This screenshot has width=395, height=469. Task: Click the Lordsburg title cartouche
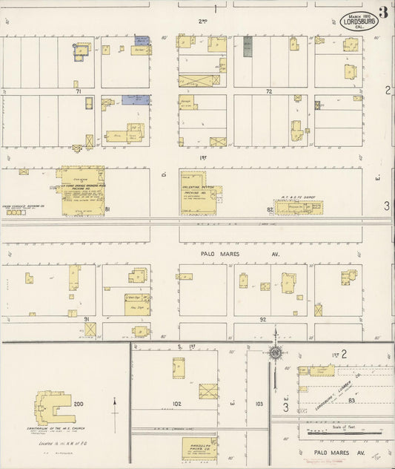click(360, 22)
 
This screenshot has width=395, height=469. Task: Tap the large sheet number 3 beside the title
click(383, 12)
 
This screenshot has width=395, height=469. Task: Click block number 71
click(78, 91)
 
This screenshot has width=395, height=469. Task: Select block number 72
click(270, 91)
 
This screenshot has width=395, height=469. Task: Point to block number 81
click(107, 210)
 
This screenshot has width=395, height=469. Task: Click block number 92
click(262, 318)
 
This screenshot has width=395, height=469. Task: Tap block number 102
click(176, 404)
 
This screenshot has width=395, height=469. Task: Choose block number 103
click(259, 404)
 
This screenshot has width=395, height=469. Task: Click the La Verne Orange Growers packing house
click(82, 191)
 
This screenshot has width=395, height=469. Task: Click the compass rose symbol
click(276, 350)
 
